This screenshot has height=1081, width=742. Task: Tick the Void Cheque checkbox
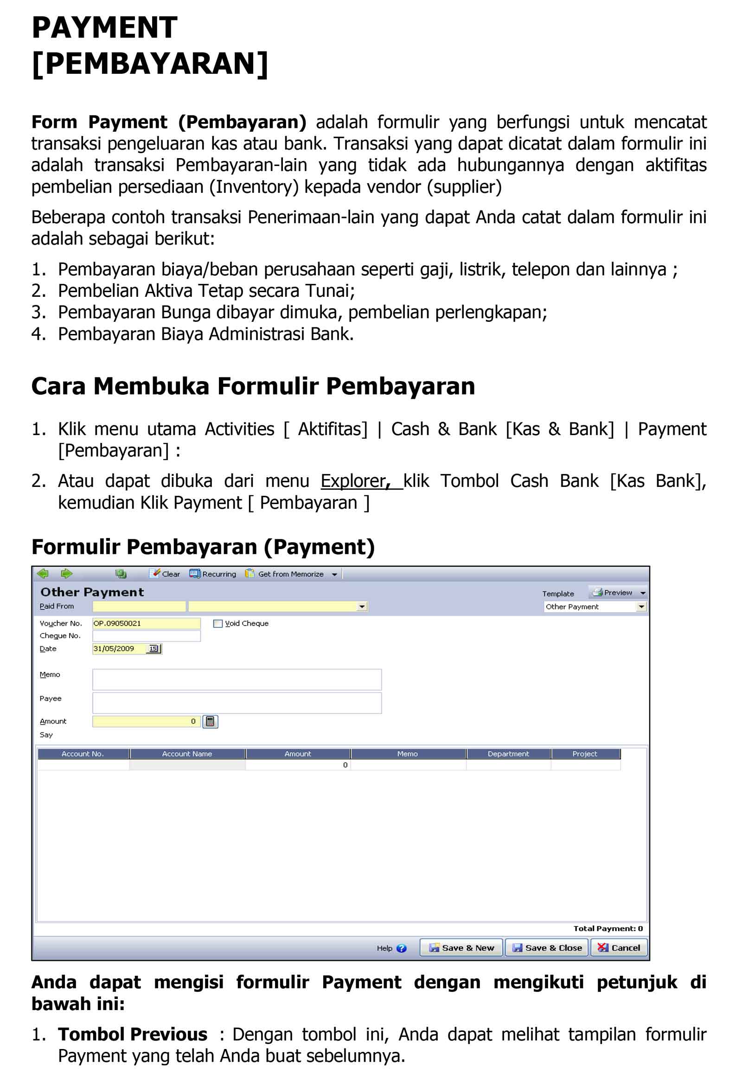[x=217, y=624]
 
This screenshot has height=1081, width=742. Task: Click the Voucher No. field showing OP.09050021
[x=146, y=623]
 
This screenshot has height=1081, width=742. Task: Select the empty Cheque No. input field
[x=146, y=636]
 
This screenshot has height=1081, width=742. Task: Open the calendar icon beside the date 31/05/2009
[x=153, y=649]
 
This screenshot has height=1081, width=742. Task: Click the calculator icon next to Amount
[x=210, y=722]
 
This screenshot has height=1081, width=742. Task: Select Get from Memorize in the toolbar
[x=290, y=574]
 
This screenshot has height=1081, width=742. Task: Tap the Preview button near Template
[x=613, y=593]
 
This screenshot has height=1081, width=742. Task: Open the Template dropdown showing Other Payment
[x=641, y=607]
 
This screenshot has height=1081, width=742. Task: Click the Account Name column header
[x=187, y=754]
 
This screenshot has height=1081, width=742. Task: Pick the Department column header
[x=508, y=754]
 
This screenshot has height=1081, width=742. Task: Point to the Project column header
[x=584, y=754]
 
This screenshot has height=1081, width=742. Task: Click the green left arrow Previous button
[x=43, y=574]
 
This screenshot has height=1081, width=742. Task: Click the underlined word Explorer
[x=352, y=481]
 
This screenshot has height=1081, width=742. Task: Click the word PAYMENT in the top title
[x=105, y=27]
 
